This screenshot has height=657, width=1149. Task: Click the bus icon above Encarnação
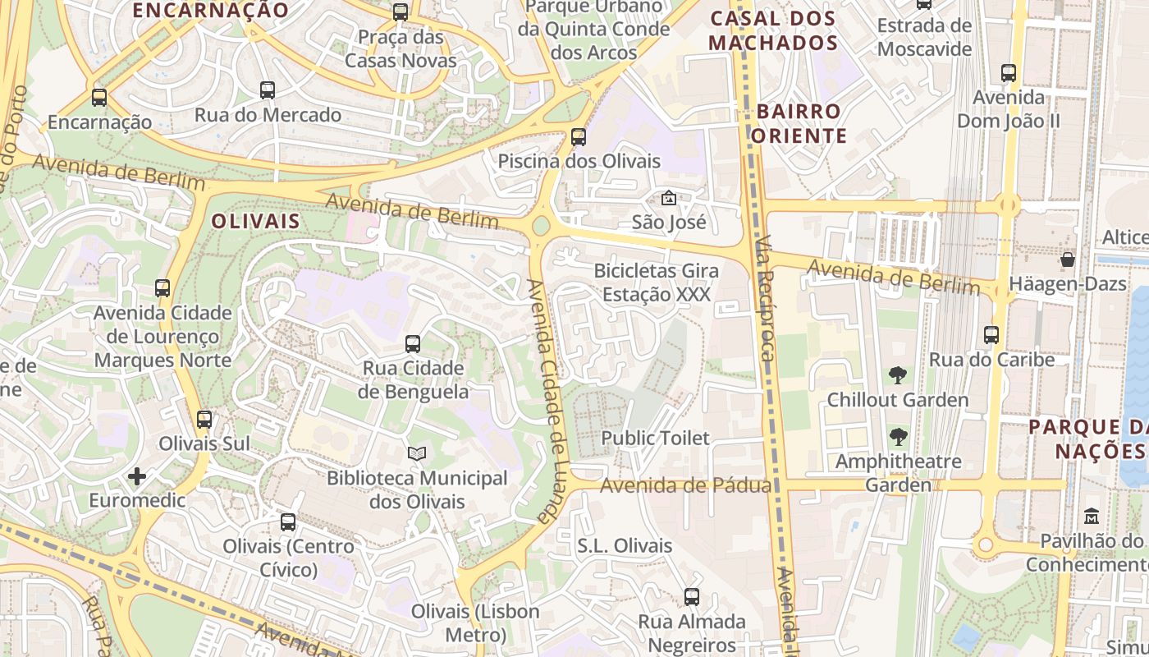[99, 97]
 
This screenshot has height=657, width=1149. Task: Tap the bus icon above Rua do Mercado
[268, 90]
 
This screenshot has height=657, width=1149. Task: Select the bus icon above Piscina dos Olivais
[579, 136]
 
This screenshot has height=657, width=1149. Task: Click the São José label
[669, 222]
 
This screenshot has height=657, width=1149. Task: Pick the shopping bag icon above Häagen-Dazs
[1068, 260]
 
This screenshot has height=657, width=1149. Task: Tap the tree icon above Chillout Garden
[898, 375]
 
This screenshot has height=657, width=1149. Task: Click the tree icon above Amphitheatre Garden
[898, 437]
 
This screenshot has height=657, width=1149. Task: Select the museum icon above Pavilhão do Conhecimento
[1092, 517]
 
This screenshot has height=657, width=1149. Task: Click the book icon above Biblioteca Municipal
[417, 453]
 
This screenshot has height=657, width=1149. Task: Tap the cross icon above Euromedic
[137, 476]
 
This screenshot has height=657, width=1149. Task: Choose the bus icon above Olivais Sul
[204, 419]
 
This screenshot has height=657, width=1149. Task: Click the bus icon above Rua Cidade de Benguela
[413, 343]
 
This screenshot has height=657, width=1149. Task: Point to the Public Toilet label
[655, 438]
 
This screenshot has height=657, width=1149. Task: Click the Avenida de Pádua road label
[685, 485]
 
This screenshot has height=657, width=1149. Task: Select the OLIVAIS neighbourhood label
[255, 222]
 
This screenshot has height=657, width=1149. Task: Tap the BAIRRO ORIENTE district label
[799, 123]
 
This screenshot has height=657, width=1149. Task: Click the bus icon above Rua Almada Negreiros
[692, 597]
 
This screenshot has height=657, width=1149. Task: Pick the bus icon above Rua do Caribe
[991, 334]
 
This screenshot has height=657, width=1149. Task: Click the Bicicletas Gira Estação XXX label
[656, 282]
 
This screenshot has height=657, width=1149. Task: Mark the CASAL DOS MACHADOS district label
[772, 30]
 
